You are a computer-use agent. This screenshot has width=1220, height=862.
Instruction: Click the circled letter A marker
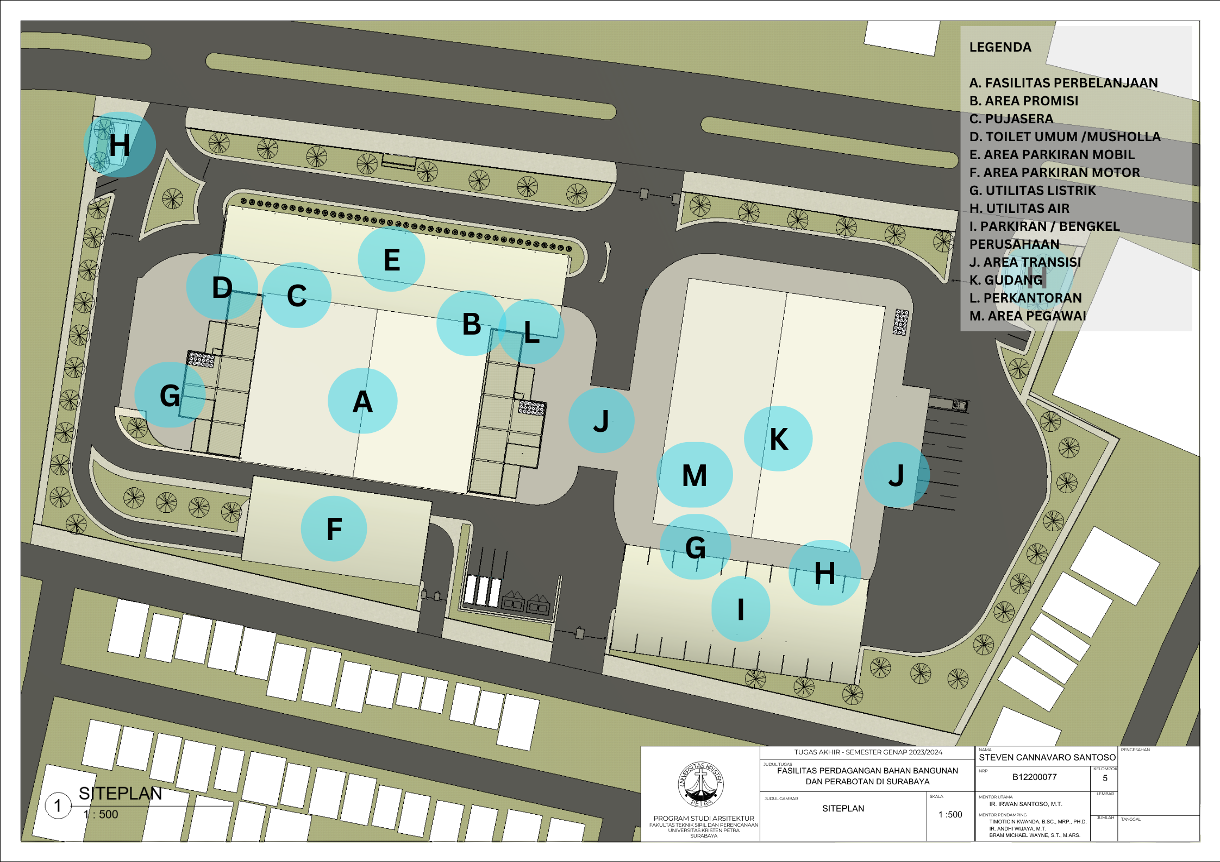point(362,401)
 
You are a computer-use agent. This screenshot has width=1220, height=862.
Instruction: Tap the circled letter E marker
point(391,260)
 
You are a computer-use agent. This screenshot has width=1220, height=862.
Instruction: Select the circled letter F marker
point(334,529)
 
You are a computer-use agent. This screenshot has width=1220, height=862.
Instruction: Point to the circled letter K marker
point(778,439)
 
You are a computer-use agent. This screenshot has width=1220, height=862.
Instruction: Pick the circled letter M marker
point(695,475)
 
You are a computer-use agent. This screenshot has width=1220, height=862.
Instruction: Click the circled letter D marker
point(222,287)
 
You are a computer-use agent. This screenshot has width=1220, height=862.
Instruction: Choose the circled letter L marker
point(531,332)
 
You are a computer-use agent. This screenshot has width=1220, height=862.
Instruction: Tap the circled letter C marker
point(297,295)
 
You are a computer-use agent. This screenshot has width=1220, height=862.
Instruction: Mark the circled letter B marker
point(471,324)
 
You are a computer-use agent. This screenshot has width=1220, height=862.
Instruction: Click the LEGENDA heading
point(1000,47)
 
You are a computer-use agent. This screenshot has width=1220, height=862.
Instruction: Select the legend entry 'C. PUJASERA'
point(1011,119)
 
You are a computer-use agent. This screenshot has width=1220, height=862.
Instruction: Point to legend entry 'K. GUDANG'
point(1006,280)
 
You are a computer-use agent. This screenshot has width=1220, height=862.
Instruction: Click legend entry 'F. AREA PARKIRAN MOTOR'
point(1054,173)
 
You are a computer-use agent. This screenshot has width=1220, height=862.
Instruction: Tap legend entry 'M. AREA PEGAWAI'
point(1028,316)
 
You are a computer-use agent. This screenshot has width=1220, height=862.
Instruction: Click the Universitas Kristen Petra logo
point(701,784)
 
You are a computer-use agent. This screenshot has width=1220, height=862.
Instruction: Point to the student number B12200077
point(1034,777)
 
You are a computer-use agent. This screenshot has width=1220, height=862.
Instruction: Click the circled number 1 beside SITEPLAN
point(58,806)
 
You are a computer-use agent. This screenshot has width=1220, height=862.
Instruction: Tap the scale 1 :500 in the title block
point(950,815)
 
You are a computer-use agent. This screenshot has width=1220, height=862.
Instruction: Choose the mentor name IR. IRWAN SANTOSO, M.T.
point(1025,804)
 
